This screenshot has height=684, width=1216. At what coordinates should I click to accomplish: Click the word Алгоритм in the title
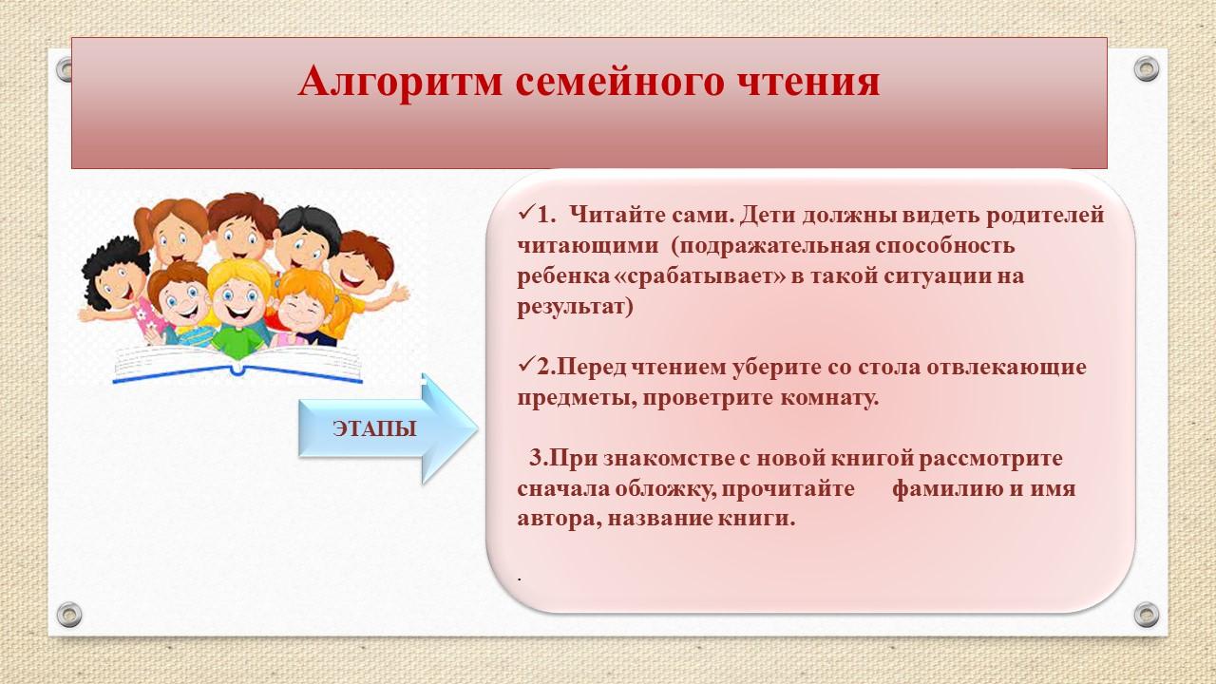click(x=400, y=83)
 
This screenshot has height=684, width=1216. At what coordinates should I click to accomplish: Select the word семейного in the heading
click(x=619, y=83)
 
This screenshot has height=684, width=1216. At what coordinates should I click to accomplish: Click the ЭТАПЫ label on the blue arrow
click(x=374, y=428)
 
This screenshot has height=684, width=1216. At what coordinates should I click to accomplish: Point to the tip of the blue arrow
click(x=478, y=428)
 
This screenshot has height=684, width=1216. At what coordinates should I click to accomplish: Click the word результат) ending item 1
click(x=575, y=307)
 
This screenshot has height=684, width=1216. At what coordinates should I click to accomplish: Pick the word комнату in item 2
click(x=829, y=398)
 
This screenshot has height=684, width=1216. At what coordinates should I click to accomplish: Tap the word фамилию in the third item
click(x=948, y=489)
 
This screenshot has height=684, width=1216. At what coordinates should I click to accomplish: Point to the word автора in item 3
click(x=560, y=519)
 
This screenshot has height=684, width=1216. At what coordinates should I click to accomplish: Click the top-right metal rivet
click(x=1147, y=69)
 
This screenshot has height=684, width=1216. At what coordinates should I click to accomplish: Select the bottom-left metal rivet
click(x=69, y=615)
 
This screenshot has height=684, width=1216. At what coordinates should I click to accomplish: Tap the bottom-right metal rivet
click(x=1147, y=615)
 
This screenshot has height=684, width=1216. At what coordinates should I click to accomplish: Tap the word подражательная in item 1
click(x=772, y=246)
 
